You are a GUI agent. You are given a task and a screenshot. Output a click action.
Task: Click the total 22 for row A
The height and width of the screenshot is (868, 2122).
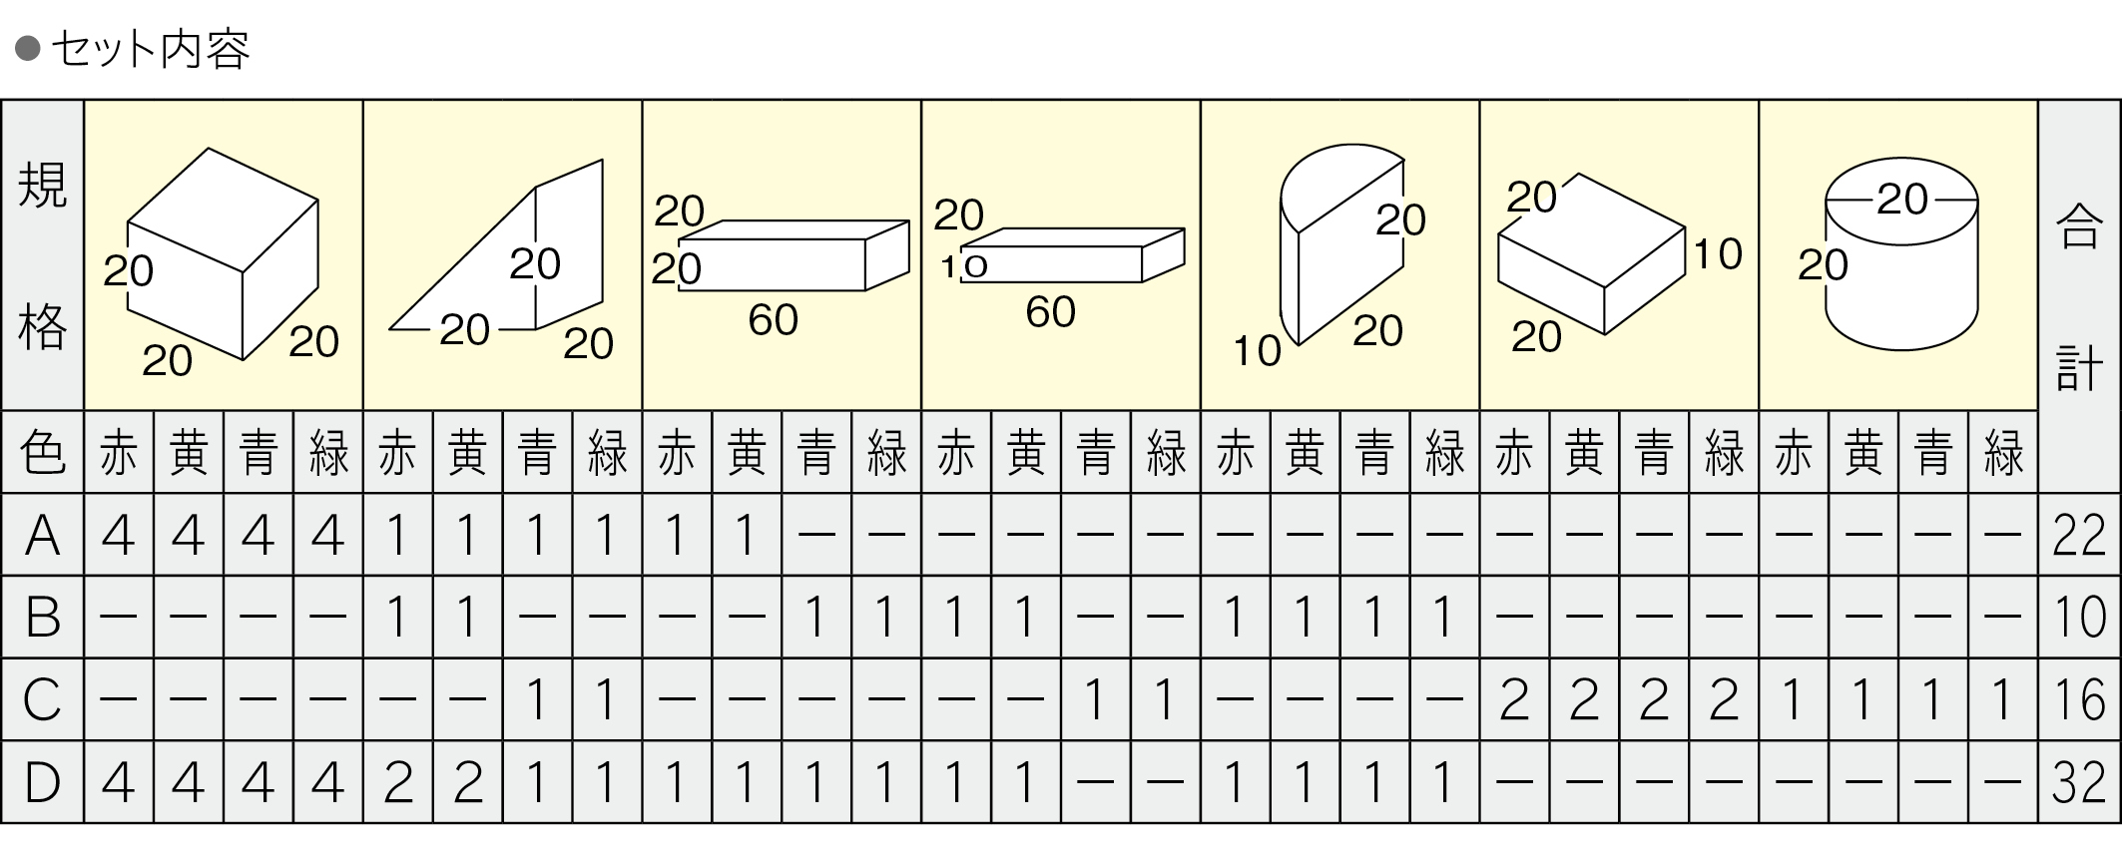click(2079, 535)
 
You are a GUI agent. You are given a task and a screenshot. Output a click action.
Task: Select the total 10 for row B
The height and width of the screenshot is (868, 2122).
click(2079, 617)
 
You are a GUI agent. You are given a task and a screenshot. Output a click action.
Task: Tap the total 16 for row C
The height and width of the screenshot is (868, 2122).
click(2079, 698)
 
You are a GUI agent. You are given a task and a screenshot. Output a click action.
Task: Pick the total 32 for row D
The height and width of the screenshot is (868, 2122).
click(2079, 781)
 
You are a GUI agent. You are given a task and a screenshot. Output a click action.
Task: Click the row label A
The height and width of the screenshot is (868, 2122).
click(42, 535)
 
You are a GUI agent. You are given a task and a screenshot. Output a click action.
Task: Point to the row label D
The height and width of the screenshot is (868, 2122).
click(42, 781)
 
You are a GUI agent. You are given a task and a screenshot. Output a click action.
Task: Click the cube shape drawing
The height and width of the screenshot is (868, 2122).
click(224, 253)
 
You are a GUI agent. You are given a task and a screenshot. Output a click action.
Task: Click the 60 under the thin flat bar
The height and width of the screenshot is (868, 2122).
click(1050, 312)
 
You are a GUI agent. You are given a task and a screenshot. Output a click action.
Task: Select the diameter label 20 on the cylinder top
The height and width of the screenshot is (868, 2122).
click(1901, 200)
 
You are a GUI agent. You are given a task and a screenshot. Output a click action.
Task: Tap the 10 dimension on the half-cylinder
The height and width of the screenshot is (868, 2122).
click(1257, 350)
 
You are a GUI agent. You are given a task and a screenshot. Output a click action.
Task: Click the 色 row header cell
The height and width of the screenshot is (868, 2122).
click(42, 452)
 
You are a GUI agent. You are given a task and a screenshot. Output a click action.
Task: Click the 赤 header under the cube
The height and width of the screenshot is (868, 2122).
click(119, 452)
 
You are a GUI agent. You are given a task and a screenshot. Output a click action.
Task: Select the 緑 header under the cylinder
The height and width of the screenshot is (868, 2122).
click(2002, 452)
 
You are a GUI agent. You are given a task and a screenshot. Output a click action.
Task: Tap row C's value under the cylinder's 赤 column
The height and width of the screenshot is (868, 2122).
click(1794, 698)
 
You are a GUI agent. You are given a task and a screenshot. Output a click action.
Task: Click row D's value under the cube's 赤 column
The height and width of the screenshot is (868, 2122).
click(119, 781)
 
